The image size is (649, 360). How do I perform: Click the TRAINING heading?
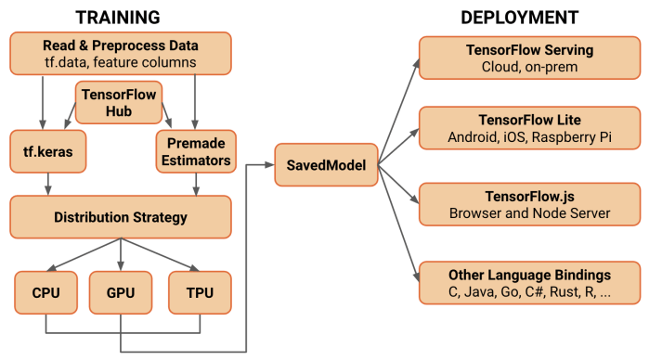coord(117,17)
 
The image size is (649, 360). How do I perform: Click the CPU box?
coord(45,292)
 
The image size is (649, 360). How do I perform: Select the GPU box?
coord(120,292)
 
